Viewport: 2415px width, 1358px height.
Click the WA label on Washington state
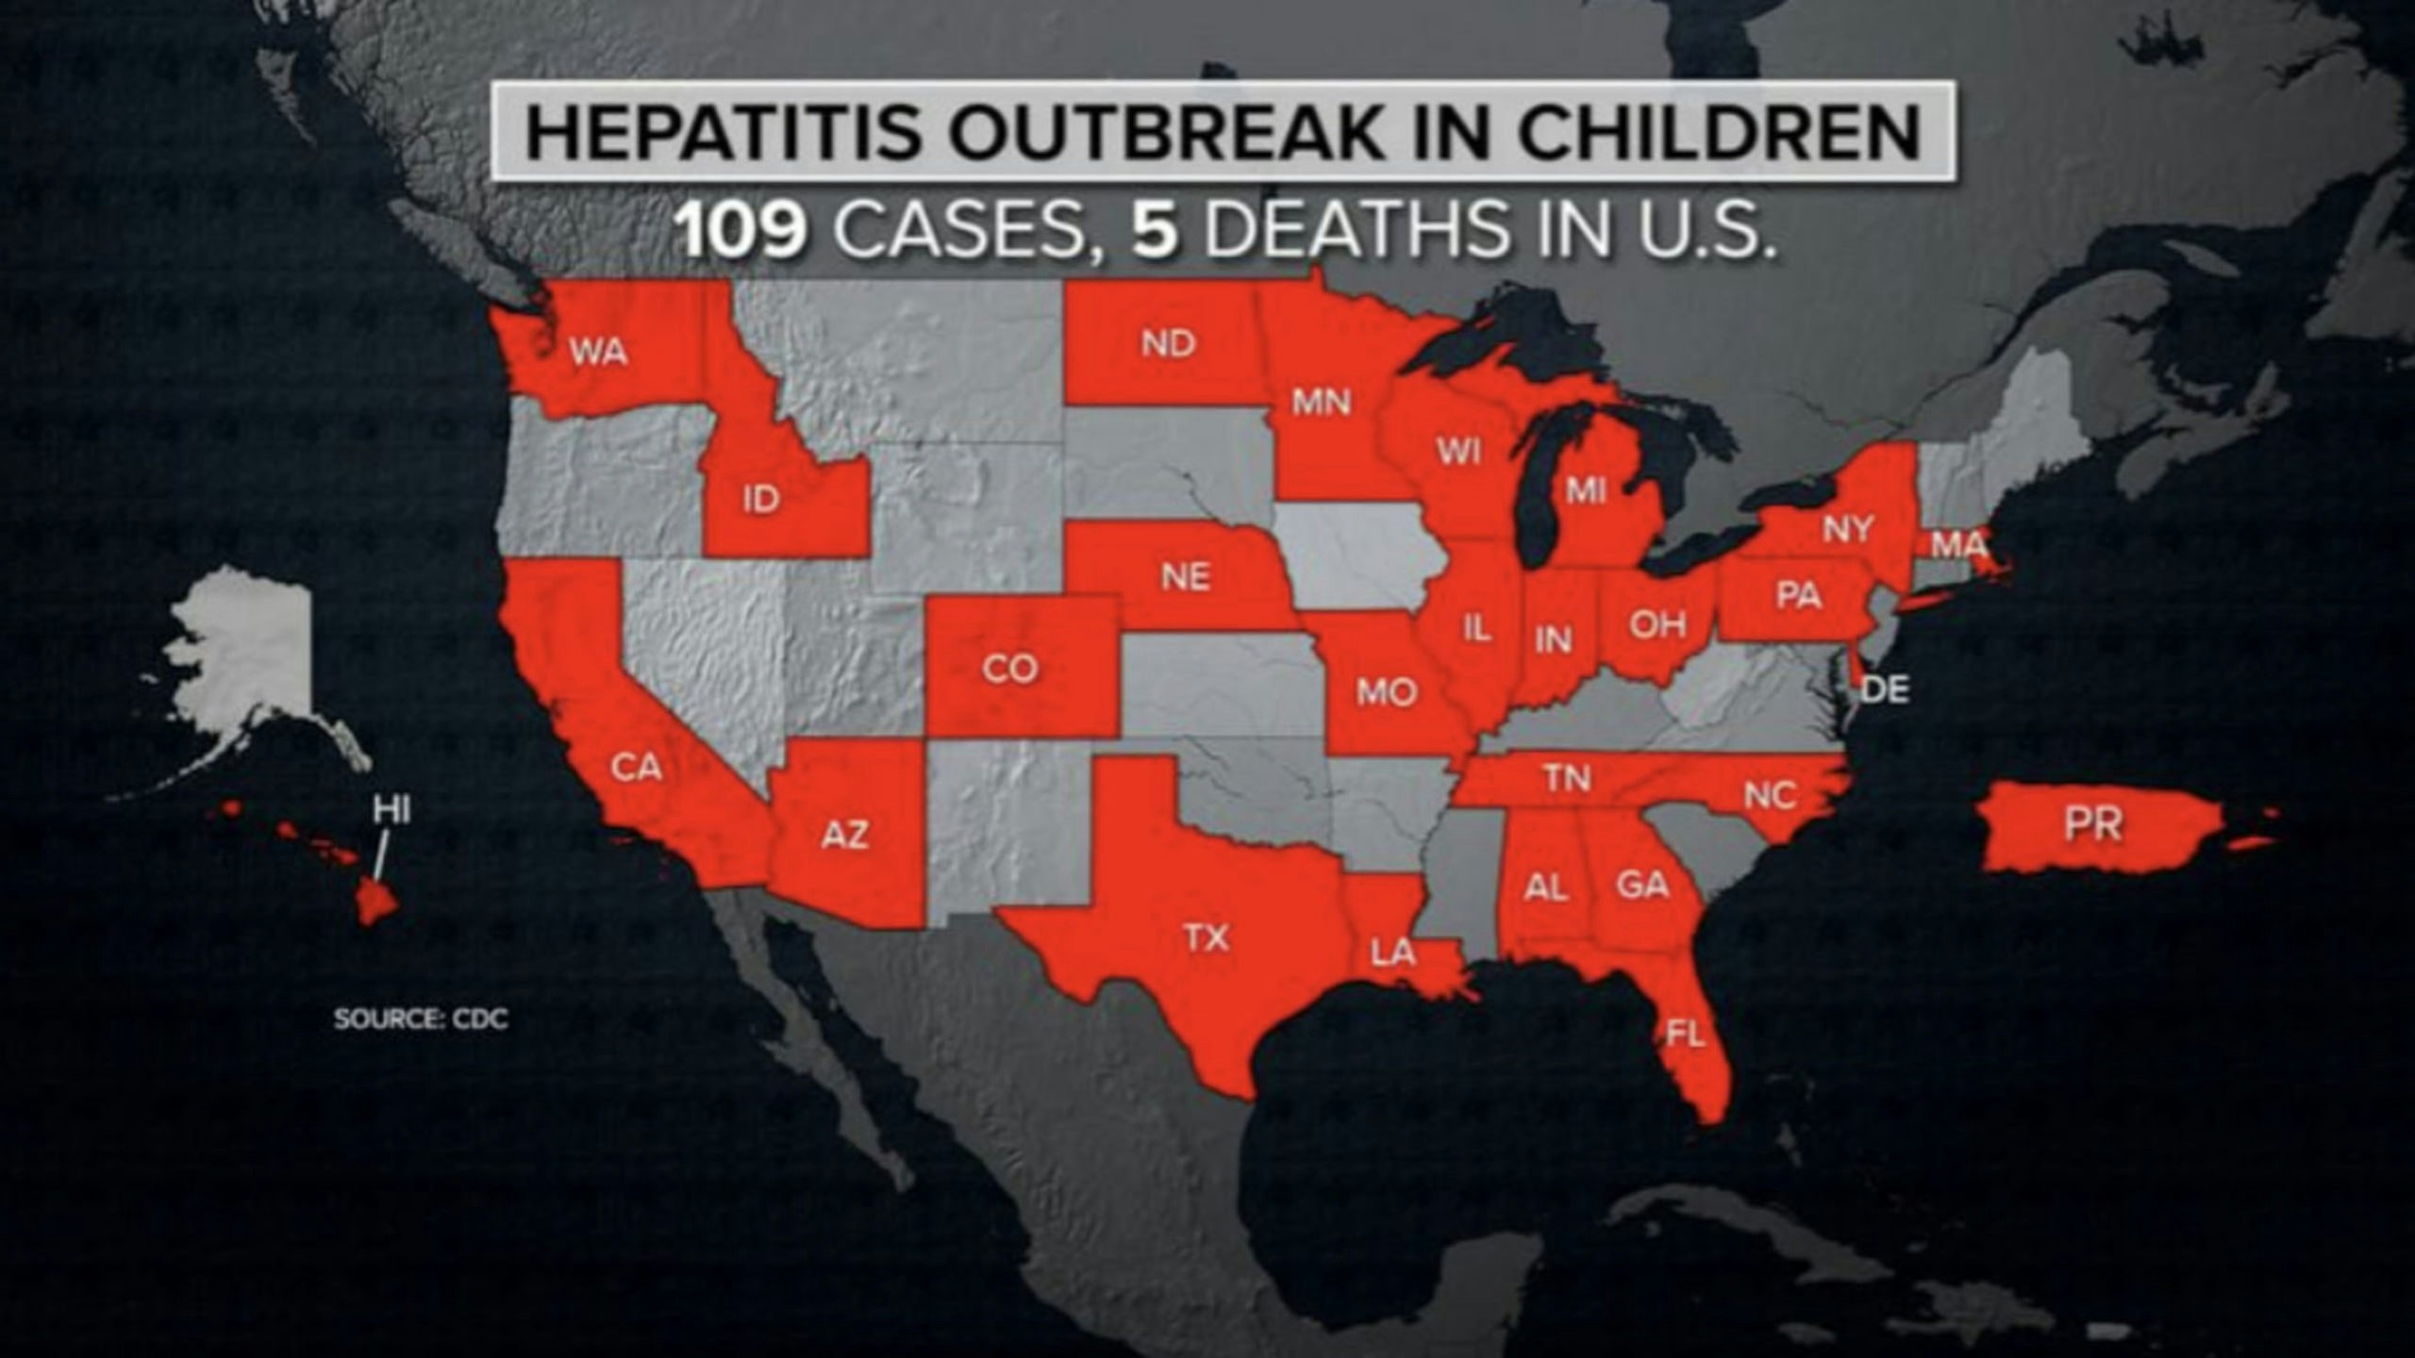click(x=598, y=353)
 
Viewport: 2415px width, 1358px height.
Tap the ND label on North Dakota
click(x=1168, y=343)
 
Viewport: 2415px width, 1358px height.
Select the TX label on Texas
click(x=1207, y=937)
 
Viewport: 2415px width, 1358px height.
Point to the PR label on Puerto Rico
click(x=2093, y=824)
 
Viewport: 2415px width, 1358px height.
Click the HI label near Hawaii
click(x=391, y=809)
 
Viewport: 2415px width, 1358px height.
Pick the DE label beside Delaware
click(x=1885, y=690)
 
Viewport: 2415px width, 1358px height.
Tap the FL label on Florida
click(x=1686, y=1035)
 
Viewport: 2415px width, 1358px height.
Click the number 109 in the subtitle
click(x=743, y=232)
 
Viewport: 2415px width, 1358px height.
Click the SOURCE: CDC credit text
click(x=421, y=1019)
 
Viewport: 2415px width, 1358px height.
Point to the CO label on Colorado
click(x=1009, y=669)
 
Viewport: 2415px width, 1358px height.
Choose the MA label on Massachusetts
click(x=1958, y=545)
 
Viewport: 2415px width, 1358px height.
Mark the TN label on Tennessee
click(x=1568, y=778)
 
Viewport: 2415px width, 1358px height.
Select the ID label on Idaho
click(x=760, y=499)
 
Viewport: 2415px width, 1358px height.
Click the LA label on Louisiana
click(x=1393, y=953)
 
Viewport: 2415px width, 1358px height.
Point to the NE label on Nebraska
click(x=1186, y=576)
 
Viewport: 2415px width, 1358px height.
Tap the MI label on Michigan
click(x=1586, y=490)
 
